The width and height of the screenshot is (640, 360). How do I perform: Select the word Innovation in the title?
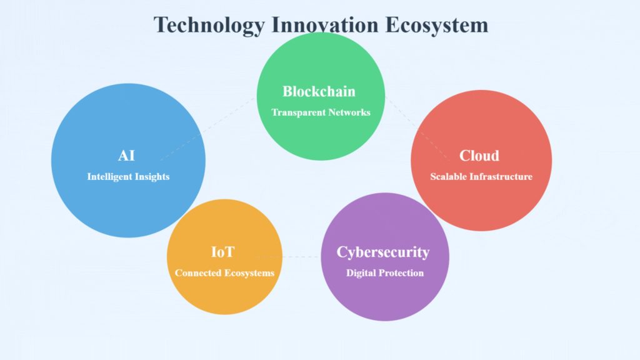click(325, 24)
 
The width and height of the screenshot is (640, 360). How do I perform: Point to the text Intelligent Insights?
click(128, 177)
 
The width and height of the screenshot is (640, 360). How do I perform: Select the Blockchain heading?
click(319, 91)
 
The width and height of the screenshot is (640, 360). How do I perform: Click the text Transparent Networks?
click(321, 112)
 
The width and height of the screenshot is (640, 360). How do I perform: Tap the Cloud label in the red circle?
click(479, 156)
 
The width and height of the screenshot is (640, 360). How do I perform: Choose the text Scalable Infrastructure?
click(481, 177)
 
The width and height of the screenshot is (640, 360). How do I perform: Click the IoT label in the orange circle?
click(222, 252)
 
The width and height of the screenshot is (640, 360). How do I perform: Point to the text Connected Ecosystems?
click(224, 273)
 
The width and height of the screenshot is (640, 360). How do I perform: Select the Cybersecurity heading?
click(383, 252)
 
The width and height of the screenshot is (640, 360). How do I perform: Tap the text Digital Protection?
click(385, 273)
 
